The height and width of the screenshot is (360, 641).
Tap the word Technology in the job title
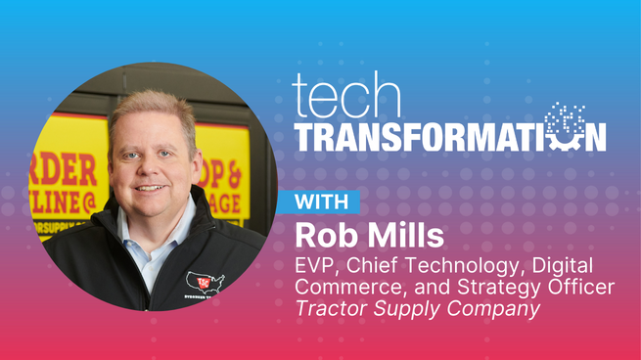point(479,266)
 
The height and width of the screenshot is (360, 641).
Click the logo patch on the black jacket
point(205,285)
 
